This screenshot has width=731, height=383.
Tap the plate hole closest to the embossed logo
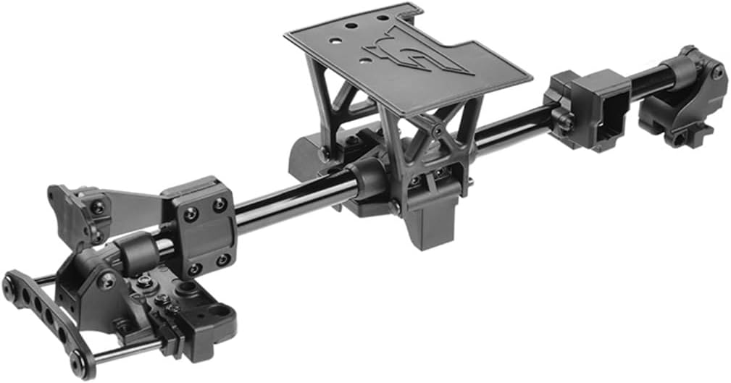(367, 43)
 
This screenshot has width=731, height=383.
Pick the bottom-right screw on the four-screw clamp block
(223, 258)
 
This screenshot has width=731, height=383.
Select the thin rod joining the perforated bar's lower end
(130, 353)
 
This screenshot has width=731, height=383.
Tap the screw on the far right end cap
(717, 72)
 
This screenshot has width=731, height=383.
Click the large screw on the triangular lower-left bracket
(106, 280)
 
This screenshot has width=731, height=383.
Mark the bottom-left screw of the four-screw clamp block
(194, 269)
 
